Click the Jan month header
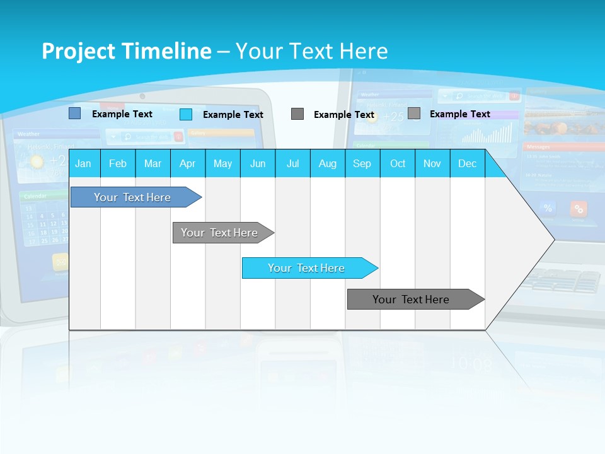tap(84, 163)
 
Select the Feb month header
tap(118, 163)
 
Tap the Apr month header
tap(187, 163)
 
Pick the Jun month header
tap(258, 163)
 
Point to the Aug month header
tap(327, 163)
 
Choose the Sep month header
tap(362, 163)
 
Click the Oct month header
tap(398, 163)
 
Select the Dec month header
tap(467, 163)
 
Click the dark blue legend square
tap(74, 113)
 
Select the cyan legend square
tap(186, 114)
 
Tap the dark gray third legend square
tap(297, 114)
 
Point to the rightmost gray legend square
tap(414, 113)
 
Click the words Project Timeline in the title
tap(126, 51)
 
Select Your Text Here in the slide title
tap(312, 51)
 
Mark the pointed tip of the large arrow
tap(553, 240)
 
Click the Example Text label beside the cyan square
tap(233, 115)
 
